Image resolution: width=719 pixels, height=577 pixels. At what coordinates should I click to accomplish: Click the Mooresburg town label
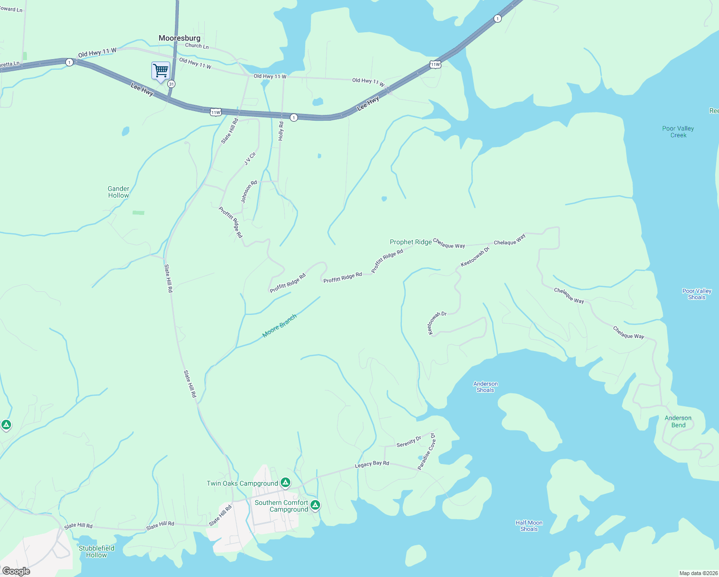179,38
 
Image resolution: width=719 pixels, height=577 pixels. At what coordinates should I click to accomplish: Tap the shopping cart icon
161,71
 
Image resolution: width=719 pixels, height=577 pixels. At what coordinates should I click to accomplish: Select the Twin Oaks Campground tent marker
285,482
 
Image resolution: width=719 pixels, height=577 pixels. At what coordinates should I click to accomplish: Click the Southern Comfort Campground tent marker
315,504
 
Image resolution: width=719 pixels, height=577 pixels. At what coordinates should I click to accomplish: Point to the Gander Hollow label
118,192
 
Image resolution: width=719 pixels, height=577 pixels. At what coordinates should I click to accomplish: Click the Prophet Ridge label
410,242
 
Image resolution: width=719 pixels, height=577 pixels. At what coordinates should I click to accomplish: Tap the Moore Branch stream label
279,326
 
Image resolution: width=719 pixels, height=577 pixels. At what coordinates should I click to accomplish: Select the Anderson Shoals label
485,387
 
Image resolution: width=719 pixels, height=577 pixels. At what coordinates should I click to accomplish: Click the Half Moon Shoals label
529,526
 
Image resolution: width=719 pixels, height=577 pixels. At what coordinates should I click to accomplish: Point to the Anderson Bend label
678,421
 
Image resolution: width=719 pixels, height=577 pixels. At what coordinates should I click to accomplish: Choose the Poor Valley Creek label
678,132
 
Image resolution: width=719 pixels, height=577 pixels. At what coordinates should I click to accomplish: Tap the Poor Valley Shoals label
696,294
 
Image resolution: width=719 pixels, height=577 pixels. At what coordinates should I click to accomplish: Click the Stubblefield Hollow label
97,552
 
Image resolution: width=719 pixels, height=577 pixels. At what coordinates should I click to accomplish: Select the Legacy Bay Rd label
372,464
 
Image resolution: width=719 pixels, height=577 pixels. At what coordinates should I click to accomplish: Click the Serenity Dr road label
409,441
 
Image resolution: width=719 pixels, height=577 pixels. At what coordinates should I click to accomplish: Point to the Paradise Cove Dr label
426,452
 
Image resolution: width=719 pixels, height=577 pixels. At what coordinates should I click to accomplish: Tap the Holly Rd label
281,131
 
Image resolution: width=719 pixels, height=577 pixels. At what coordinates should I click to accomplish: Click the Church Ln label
197,46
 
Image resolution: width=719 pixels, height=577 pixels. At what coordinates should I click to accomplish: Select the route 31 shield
172,84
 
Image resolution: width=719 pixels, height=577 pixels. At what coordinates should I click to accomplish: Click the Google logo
16,571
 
